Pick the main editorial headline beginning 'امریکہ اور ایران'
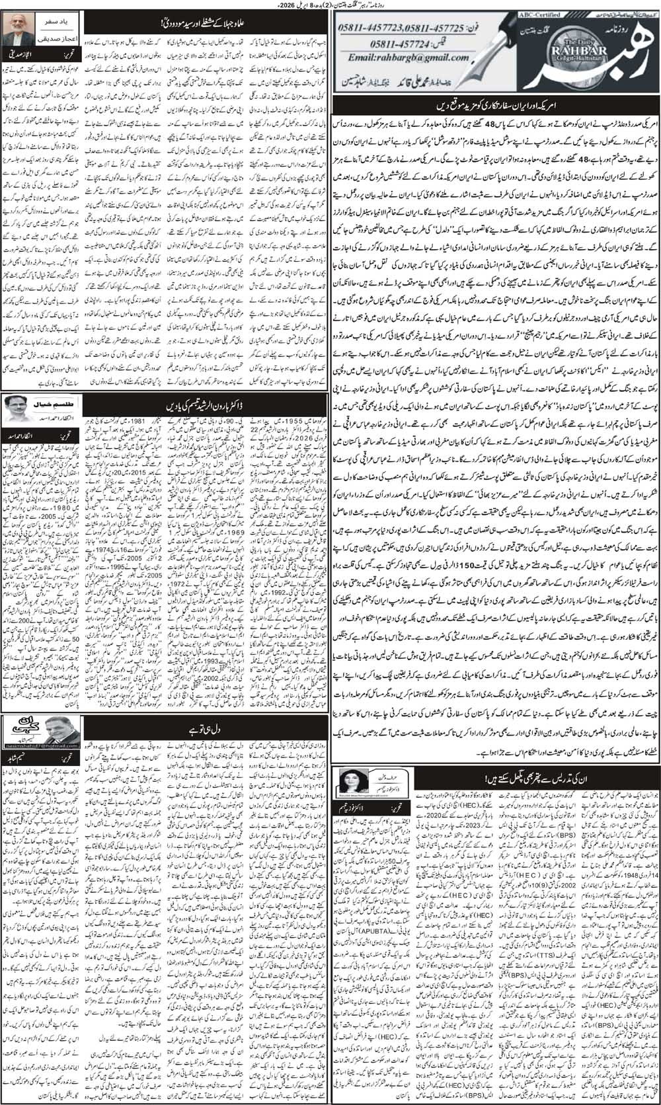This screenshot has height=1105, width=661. [496, 105]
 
